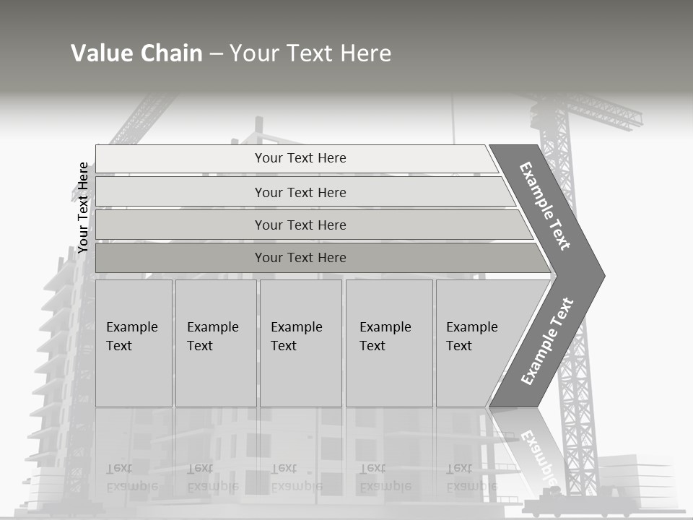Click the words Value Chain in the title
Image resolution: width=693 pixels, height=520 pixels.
point(136,53)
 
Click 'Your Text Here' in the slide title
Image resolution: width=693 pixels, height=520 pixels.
point(310,53)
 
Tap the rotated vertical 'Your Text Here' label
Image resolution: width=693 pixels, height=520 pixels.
point(83,208)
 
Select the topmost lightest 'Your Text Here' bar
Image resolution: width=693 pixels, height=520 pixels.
point(300,158)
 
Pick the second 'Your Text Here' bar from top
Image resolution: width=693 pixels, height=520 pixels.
point(300,192)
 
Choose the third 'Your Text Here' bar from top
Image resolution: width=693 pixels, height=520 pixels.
point(300,225)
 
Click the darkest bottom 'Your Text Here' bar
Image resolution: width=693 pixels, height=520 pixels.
point(300,258)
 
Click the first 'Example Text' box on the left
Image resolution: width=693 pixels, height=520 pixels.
point(134,342)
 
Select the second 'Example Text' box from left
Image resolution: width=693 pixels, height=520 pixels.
point(215,342)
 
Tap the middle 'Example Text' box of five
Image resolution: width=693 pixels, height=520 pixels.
point(300,342)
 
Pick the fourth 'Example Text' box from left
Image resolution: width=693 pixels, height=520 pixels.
point(388,342)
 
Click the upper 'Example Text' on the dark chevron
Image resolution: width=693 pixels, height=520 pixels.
point(545,206)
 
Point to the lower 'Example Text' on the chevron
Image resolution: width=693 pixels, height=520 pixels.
point(547,341)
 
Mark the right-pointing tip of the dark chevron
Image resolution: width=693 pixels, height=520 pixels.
point(603,276)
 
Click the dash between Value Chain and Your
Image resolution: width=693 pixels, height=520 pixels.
point(216,53)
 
